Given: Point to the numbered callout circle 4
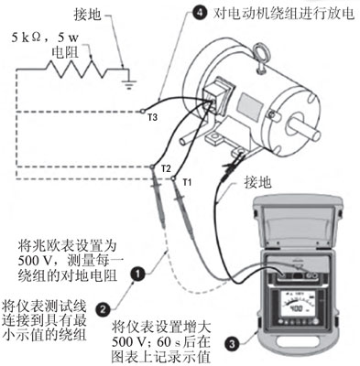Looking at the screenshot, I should (x=201, y=14).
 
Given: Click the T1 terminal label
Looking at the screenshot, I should (x=186, y=182).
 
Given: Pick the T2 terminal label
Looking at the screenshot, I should (x=165, y=170).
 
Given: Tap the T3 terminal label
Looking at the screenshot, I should (x=152, y=117).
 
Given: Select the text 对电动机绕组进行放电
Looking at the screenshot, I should (x=285, y=14).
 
